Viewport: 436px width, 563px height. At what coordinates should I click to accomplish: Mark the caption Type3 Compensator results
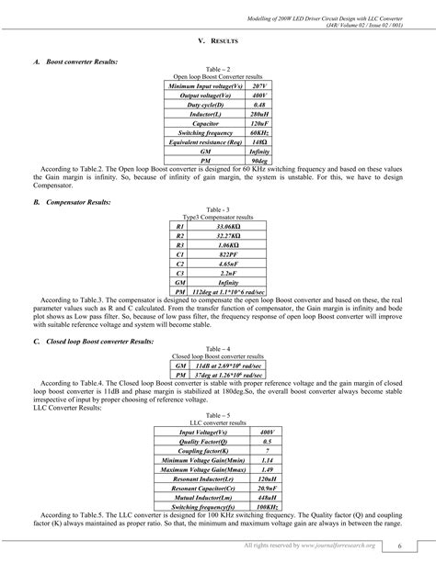tap(217, 217)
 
